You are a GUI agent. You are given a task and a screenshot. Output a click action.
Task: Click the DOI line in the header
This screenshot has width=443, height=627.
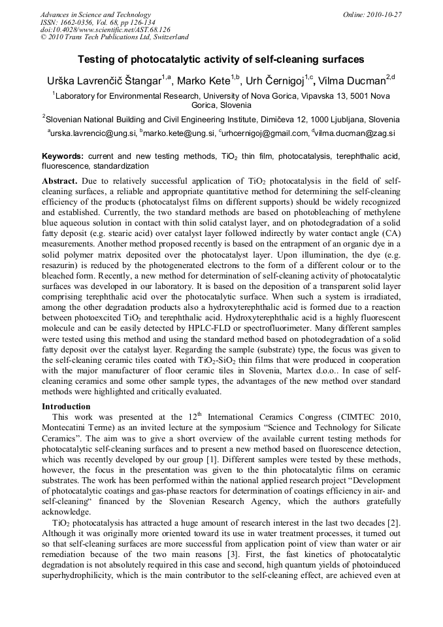pyautogui.click(x=105, y=29)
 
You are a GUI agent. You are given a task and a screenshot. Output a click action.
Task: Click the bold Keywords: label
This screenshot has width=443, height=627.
pyautogui.click(x=63, y=157)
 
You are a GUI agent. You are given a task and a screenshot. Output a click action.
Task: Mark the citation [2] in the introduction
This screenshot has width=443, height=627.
pyautogui.click(x=393, y=524)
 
